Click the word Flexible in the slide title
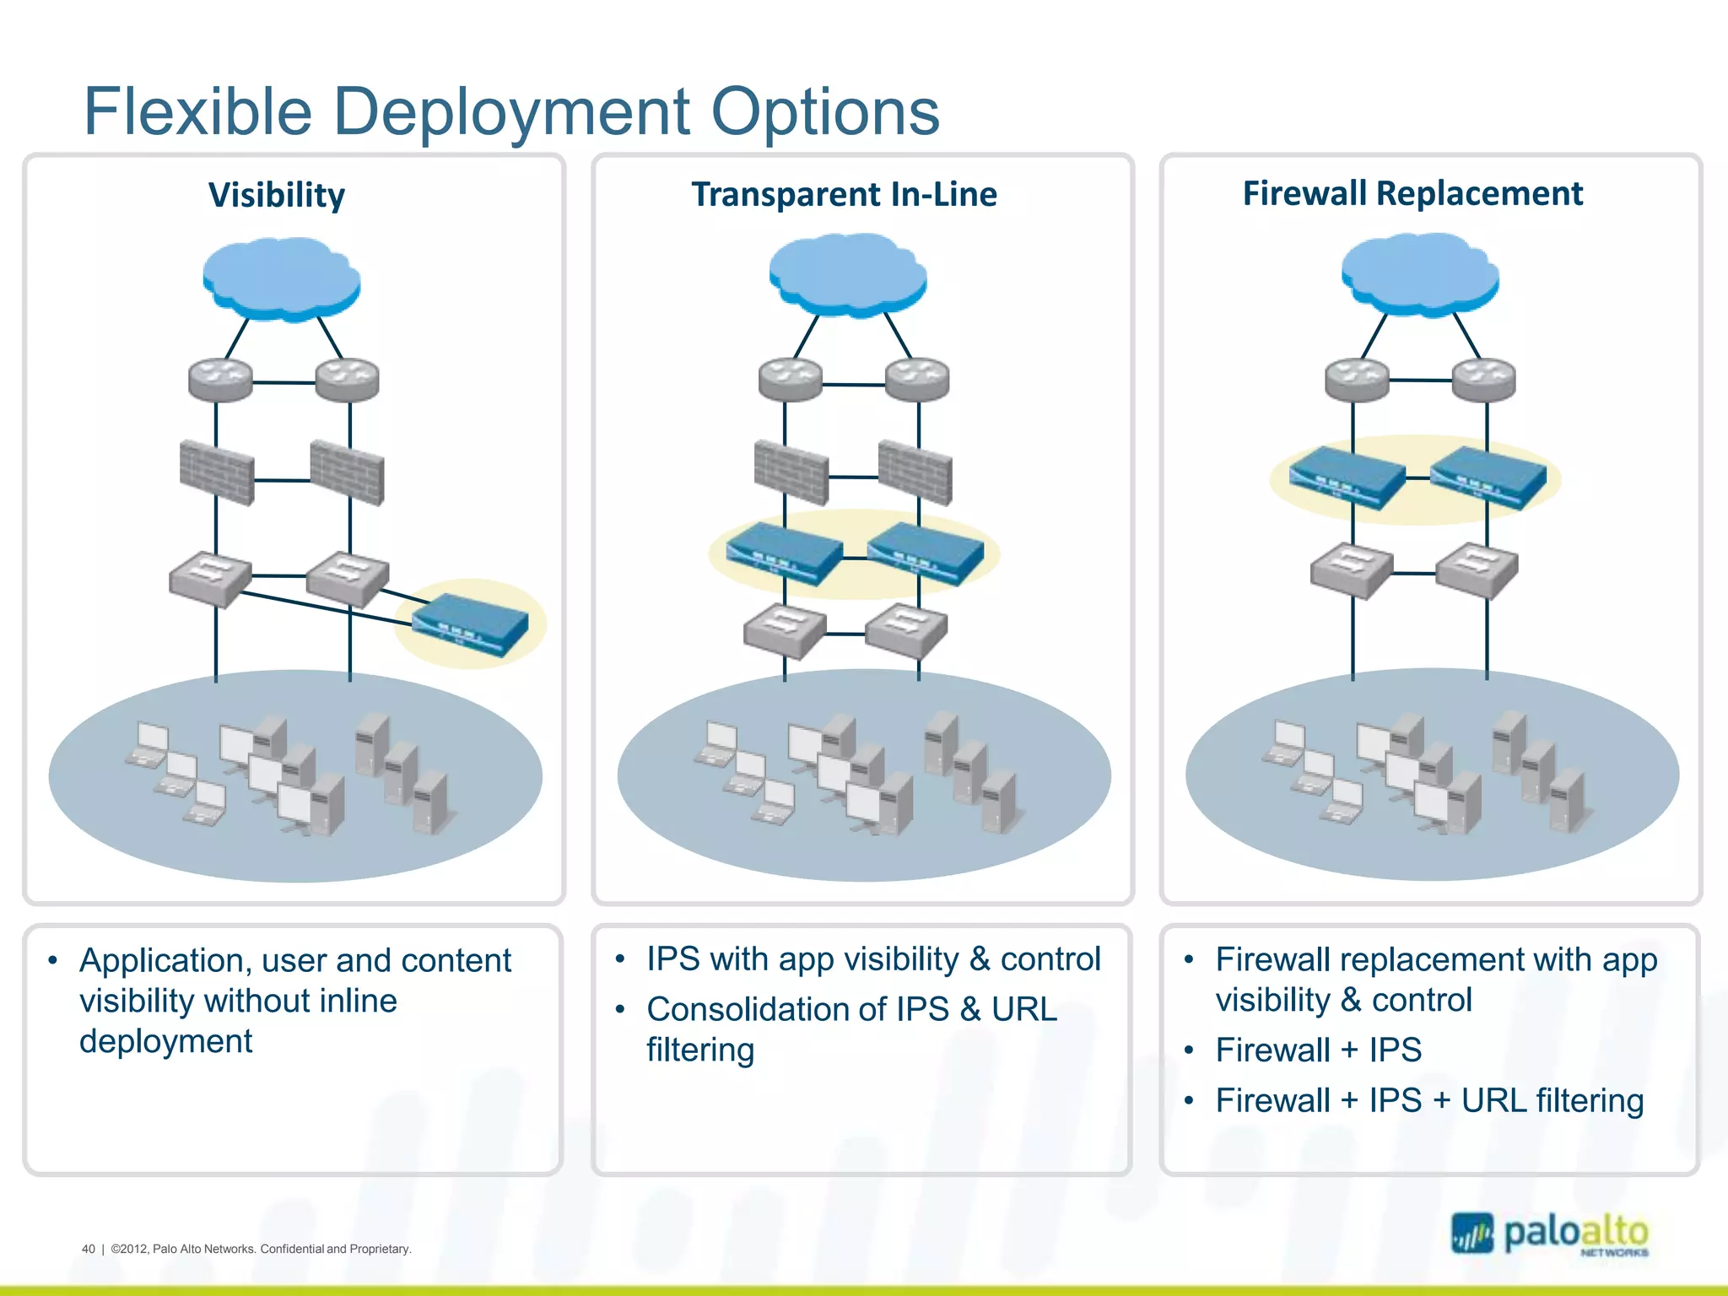pos(197,111)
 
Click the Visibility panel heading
pos(277,195)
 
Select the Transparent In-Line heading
pos(844,194)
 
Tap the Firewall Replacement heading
pos(1412,193)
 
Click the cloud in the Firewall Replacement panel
pos(1420,275)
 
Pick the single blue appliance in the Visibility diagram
pos(470,624)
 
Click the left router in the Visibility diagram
pos(220,380)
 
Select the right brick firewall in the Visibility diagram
pos(347,472)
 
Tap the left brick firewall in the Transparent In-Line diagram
pos(791,472)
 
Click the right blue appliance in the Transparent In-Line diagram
pos(926,553)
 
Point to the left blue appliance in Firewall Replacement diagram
pos(1347,478)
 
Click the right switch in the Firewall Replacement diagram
pos(1477,570)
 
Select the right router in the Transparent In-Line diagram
pos(917,380)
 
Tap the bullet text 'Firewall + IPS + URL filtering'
pos(1429,1100)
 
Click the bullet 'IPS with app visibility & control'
pos(873,959)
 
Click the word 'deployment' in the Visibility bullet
pos(166,1041)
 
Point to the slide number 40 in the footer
pos(89,1249)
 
